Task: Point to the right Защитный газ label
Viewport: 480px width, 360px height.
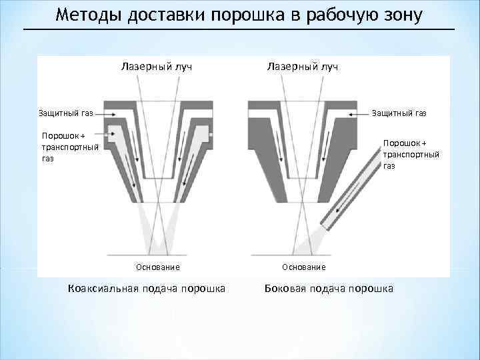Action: pos(399,113)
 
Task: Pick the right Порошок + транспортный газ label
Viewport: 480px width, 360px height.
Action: pos(411,154)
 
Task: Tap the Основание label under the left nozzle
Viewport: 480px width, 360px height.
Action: pos(157,267)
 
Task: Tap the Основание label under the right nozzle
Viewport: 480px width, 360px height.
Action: pos(304,267)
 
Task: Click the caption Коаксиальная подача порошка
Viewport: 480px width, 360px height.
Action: pos(147,288)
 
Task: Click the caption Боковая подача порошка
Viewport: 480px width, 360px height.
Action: pos(329,288)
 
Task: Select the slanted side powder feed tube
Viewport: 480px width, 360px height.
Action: pos(347,189)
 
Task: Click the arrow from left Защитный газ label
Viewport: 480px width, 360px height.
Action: pos(102,114)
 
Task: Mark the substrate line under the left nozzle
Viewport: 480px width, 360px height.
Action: pos(157,255)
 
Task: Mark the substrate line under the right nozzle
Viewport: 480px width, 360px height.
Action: pos(304,255)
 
